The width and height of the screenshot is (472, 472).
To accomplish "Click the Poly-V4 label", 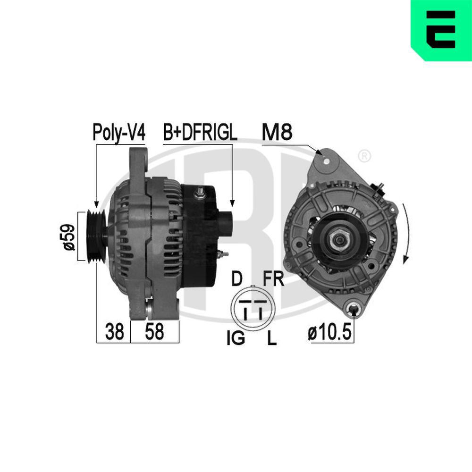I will (x=119, y=133).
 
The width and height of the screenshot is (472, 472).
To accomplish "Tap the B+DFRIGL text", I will (x=200, y=133).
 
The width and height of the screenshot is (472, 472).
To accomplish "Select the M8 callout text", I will (x=277, y=133).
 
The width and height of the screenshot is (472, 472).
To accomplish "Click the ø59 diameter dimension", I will (x=69, y=236).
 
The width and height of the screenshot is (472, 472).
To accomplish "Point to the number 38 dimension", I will (x=114, y=332).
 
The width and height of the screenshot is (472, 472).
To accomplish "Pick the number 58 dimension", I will (x=154, y=332).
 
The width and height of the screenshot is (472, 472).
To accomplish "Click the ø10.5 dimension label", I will (x=330, y=333).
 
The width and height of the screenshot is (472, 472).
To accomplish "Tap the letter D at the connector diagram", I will (x=236, y=279).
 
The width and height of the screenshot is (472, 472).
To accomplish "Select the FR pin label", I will (x=273, y=279).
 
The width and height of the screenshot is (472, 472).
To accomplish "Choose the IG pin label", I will (x=236, y=338).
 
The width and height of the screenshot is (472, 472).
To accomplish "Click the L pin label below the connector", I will (x=272, y=338).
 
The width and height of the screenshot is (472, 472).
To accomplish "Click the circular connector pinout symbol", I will (x=253, y=309).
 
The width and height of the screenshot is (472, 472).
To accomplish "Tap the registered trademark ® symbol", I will (x=364, y=155).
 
